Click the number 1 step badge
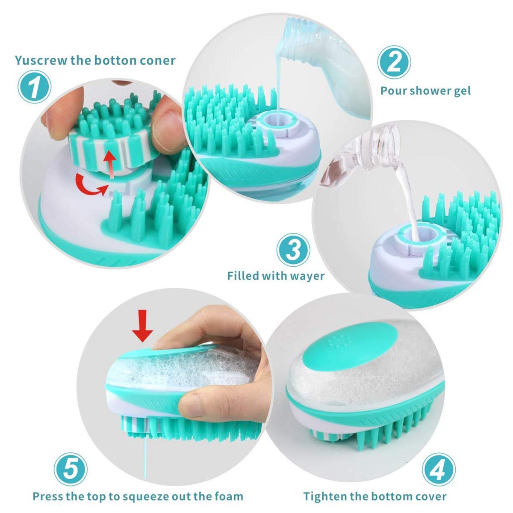[34, 87]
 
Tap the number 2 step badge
[394, 62]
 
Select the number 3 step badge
[293, 250]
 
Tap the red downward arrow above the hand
[143, 326]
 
